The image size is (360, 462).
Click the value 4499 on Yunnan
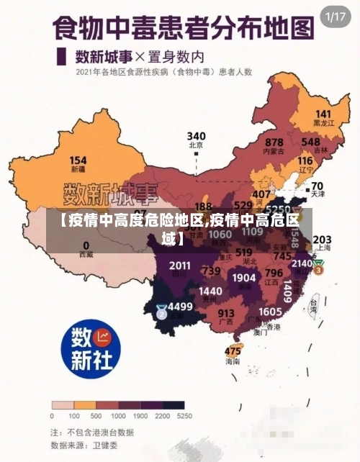click(181, 306)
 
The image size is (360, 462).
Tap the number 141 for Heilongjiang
click(323, 114)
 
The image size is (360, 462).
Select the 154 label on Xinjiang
click(78, 160)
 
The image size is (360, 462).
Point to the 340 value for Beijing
click(196, 135)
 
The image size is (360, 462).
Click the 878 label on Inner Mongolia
click(274, 142)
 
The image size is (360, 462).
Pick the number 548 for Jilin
click(311, 142)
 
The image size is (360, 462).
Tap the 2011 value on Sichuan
click(180, 266)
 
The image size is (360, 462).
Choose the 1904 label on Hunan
click(244, 278)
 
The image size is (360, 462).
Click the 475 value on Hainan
click(233, 350)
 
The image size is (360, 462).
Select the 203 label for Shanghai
click(322, 239)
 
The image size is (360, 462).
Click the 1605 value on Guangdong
click(270, 311)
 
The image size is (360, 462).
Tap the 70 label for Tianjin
click(316, 185)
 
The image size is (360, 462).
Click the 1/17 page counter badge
click(336, 16)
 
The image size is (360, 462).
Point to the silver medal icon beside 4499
click(161, 312)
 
